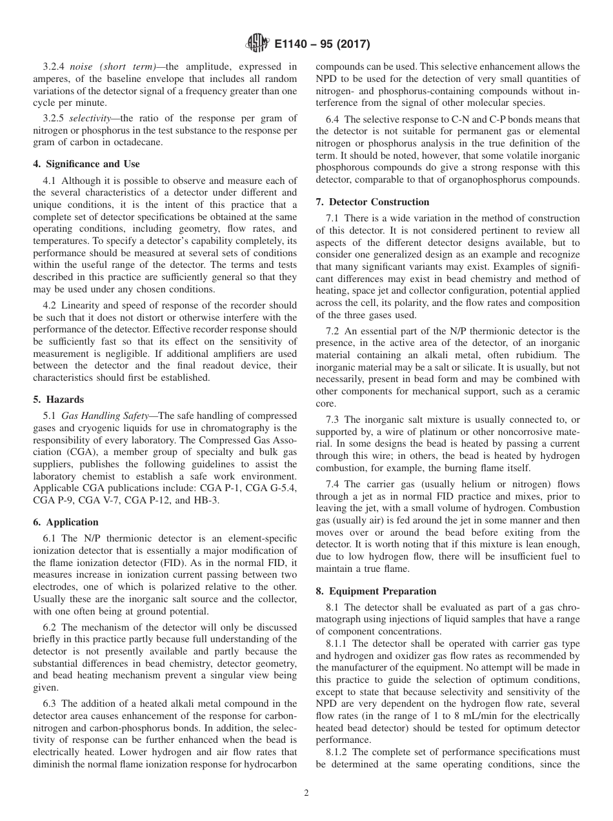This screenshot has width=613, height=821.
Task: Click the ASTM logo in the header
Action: (x=256, y=45)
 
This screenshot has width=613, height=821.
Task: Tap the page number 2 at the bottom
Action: (x=306, y=793)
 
